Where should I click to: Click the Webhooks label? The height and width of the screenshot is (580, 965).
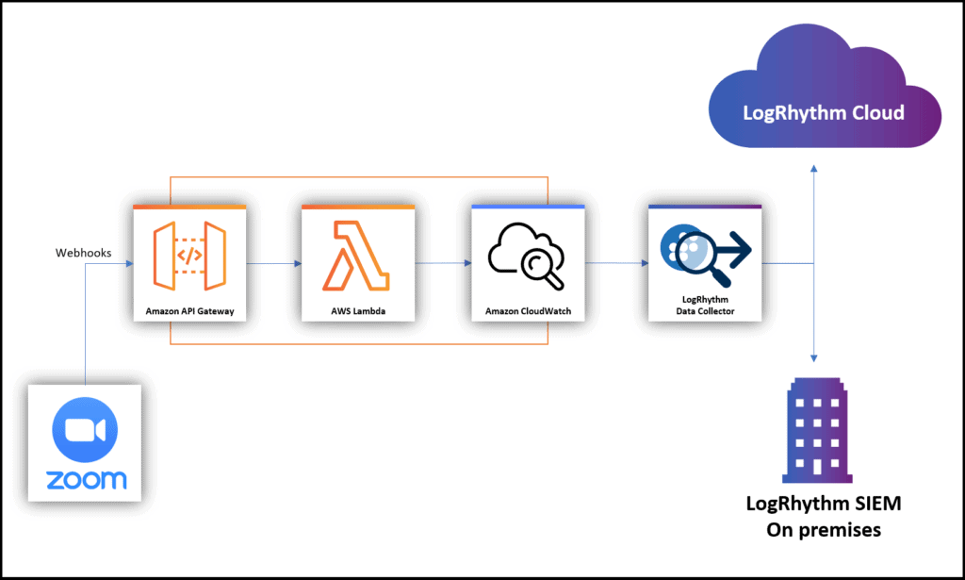pyautogui.click(x=83, y=253)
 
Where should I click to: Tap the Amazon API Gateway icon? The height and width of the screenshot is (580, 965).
pyautogui.click(x=189, y=256)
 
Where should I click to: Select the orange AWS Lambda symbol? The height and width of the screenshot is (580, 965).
pyautogui.click(x=355, y=256)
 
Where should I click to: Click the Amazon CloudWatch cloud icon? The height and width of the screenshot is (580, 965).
pyautogui.click(x=527, y=256)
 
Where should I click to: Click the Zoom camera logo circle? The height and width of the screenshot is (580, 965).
pyautogui.click(x=85, y=430)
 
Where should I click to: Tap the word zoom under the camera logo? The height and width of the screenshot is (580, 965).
pyautogui.click(x=86, y=480)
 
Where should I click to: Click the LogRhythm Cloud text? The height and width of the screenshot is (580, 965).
pyautogui.click(x=824, y=112)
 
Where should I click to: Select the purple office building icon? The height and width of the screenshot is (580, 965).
pyautogui.click(x=817, y=430)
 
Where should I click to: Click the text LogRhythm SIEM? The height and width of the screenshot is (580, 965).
pyautogui.click(x=824, y=503)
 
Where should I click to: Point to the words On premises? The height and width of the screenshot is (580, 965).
pyautogui.click(x=824, y=529)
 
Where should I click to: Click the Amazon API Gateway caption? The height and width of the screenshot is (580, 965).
pyautogui.click(x=189, y=311)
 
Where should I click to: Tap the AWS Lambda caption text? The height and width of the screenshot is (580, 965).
pyautogui.click(x=358, y=311)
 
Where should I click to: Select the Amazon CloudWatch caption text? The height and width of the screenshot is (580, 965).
pyautogui.click(x=528, y=311)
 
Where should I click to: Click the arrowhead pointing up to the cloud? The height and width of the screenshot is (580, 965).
pyautogui.click(x=813, y=168)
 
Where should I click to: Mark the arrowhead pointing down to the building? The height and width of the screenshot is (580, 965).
pyautogui.click(x=813, y=358)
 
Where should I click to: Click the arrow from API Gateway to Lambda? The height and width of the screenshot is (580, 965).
pyautogui.click(x=274, y=263)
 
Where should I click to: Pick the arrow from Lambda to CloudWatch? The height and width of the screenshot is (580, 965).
pyautogui.click(x=443, y=263)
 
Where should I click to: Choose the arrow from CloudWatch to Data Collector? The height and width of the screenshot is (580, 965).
pyautogui.click(x=616, y=263)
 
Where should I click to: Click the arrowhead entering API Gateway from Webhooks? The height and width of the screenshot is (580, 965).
pyautogui.click(x=129, y=263)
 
